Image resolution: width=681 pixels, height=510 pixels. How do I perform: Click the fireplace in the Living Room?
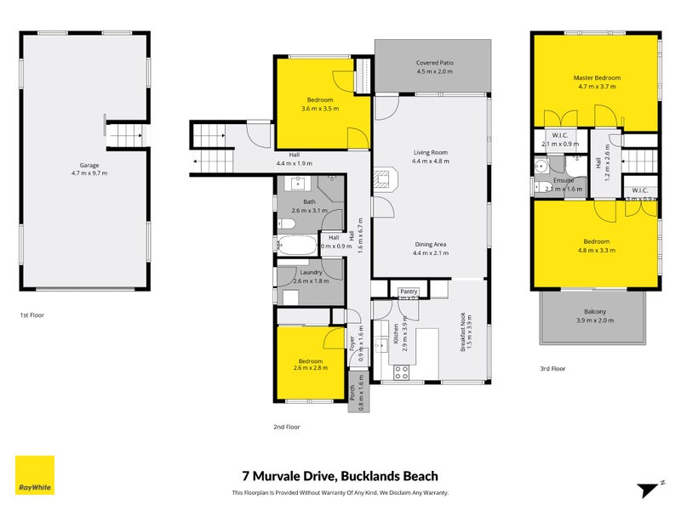click(385, 179)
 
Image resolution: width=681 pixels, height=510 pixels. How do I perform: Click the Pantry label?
click(409, 291)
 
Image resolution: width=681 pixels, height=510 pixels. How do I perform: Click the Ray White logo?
click(35, 475)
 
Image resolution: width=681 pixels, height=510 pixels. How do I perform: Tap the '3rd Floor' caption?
click(552, 369)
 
